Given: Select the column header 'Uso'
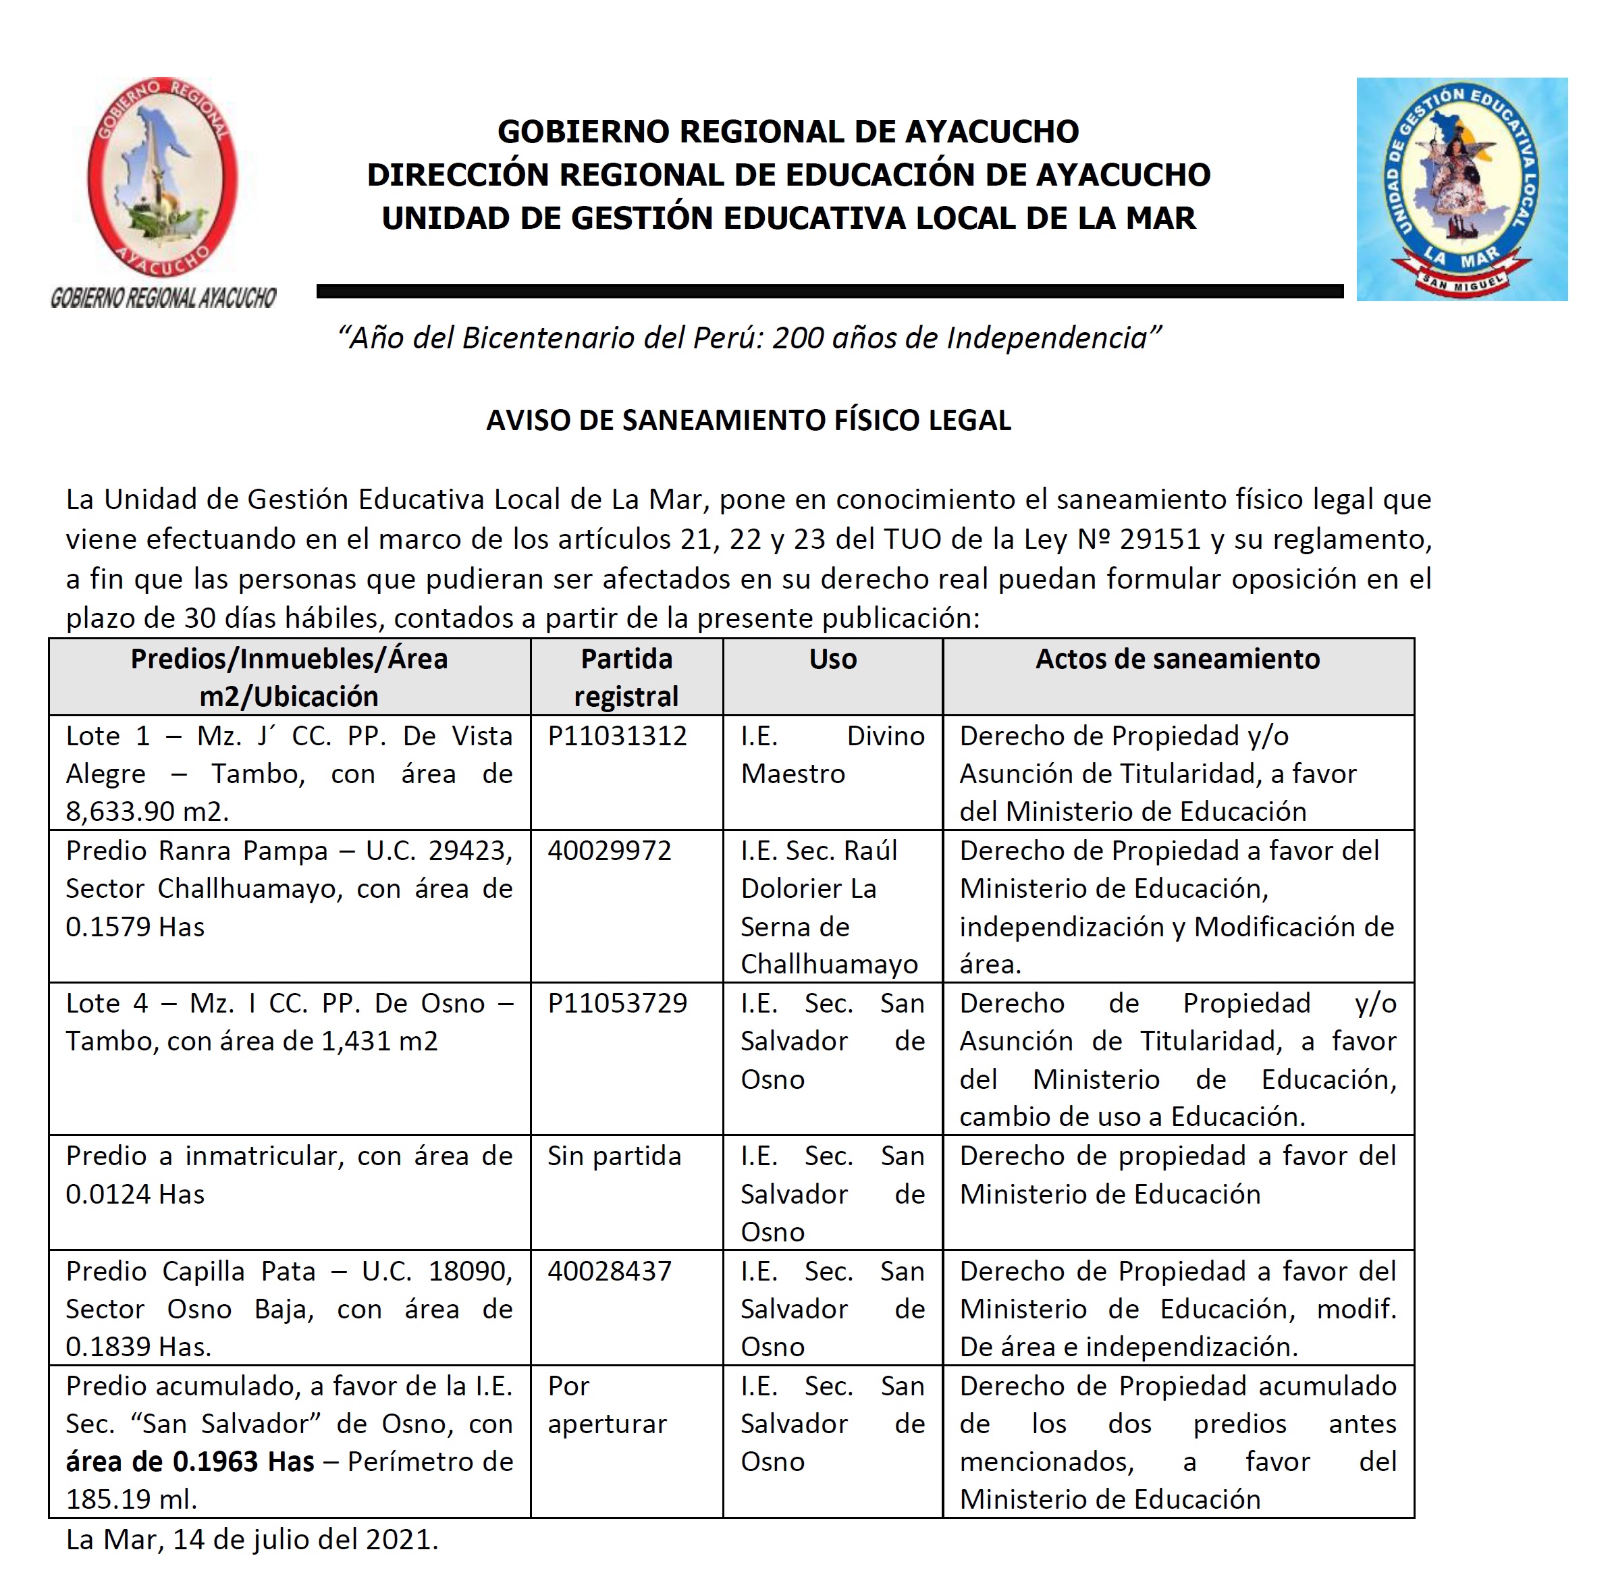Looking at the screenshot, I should point(832,660).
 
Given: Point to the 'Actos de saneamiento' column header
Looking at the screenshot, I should point(1177,660).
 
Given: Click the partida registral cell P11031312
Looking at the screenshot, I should point(617,736).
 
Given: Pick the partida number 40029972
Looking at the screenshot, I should point(609,851).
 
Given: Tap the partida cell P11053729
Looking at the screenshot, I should point(617,1004).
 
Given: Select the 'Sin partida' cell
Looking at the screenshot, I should point(614,1156).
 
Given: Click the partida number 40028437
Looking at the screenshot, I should point(609,1271).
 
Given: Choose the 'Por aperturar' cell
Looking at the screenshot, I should point(607,1405).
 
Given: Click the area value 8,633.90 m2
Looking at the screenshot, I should point(146,811).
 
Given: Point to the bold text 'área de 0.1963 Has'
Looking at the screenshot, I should point(190,1461).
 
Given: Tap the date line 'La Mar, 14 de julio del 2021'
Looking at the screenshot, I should point(252,1540).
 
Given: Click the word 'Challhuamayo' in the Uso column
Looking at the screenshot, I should point(829,965).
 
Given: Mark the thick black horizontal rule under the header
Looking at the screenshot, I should point(829,291).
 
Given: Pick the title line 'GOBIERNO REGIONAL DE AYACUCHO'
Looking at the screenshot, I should point(788,132).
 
